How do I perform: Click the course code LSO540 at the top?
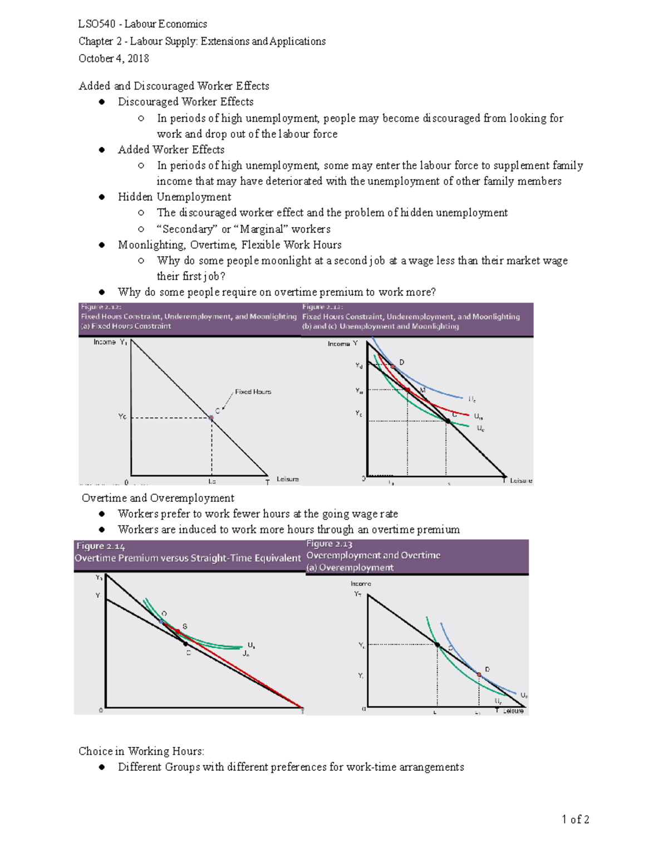tap(97, 24)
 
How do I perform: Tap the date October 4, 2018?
tap(114, 58)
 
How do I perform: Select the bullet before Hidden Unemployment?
tap(102, 197)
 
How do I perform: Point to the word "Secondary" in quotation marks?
tap(187, 229)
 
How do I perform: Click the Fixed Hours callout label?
tap(253, 392)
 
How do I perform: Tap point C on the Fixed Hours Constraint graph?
tap(211, 417)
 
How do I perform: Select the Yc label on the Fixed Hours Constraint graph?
tap(122, 417)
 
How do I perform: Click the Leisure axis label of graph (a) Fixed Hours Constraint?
tap(287, 479)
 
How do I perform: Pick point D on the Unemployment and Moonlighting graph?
tap(393, 366)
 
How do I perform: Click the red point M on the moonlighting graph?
tap(408, 390)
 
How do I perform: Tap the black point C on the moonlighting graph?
tap(448, 421)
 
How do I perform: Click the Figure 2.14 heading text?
tap(101, 546)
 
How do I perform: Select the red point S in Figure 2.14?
tap(178, 631)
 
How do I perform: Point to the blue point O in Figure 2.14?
tap(161, 621)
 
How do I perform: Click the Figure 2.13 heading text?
tap(329, 544)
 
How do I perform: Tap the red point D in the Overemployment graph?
tap(479, 675)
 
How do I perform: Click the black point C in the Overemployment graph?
tap(438, 645)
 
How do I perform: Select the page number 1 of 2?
tap(575, 819)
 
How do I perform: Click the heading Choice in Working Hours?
tap(141, 751)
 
